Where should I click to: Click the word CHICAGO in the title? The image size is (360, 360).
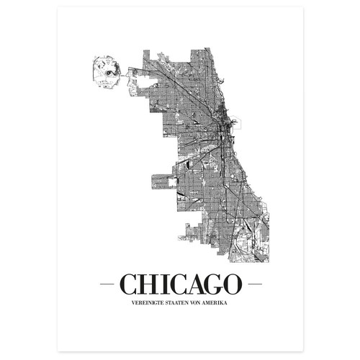pyautogui.click(x=180, y=284)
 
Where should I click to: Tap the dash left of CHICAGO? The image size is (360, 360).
pyautogui.click(x=107, y=285)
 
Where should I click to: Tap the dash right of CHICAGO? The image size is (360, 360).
pyautogui.click(x=252, y=285)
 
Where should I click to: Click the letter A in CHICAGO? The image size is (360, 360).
pyautogui.click(x=194, y=284)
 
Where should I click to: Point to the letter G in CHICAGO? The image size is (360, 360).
pyautogui.click(x=213, y=284)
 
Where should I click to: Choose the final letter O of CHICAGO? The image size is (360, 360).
pyautogui.click(x=232, y=284)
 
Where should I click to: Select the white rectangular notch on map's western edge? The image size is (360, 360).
pyautogui.click(x=171, y=183)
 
